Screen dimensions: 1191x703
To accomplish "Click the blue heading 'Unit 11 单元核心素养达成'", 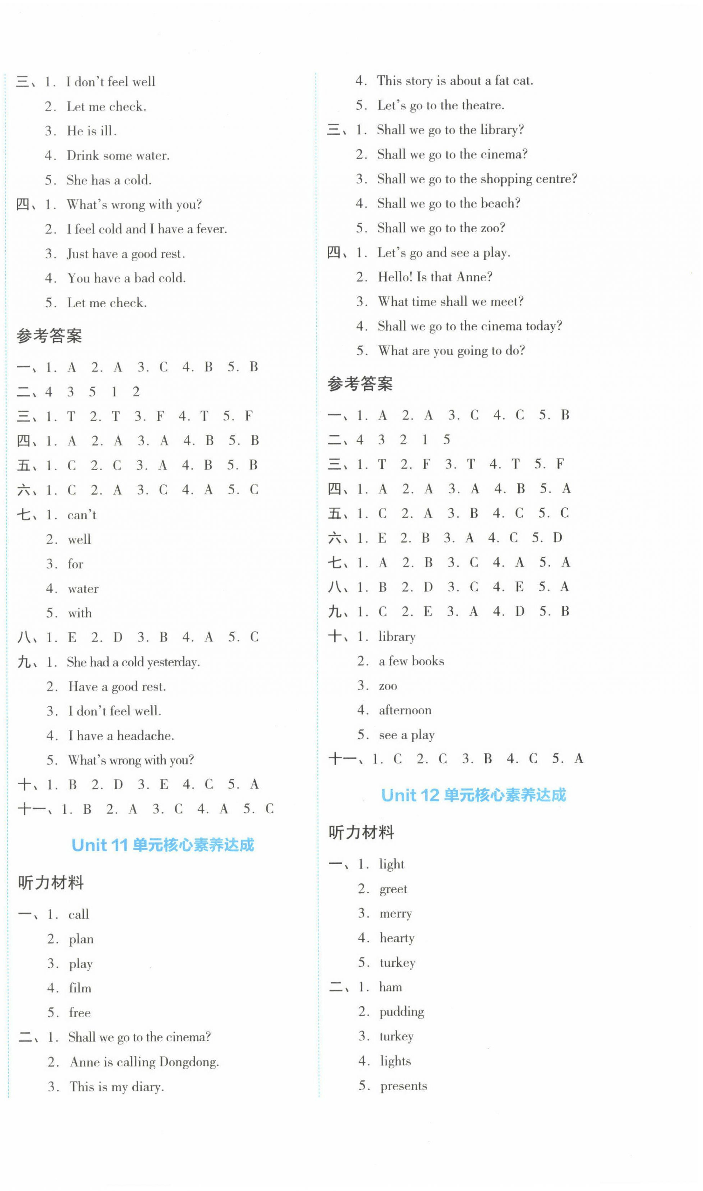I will (x=162, y=845).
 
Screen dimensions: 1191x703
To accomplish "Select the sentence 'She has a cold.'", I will (x=109, y=180).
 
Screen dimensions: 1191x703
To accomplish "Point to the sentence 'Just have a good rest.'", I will (x=126, y=254).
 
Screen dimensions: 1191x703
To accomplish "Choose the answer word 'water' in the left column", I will (x=83, y=589).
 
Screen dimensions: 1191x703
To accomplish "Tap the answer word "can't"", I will (x=82, y=515).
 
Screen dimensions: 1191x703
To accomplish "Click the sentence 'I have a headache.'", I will (x=121, y=735).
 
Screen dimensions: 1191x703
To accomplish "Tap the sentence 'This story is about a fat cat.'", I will (x=455, y=81).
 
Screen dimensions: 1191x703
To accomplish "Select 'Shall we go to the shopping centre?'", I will (x=477, y=179).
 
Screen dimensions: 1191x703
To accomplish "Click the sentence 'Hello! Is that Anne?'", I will (x=435, y=277).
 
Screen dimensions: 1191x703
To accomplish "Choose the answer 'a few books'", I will (x=411, y=661).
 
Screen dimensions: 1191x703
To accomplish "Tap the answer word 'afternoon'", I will (x=405, y=710).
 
